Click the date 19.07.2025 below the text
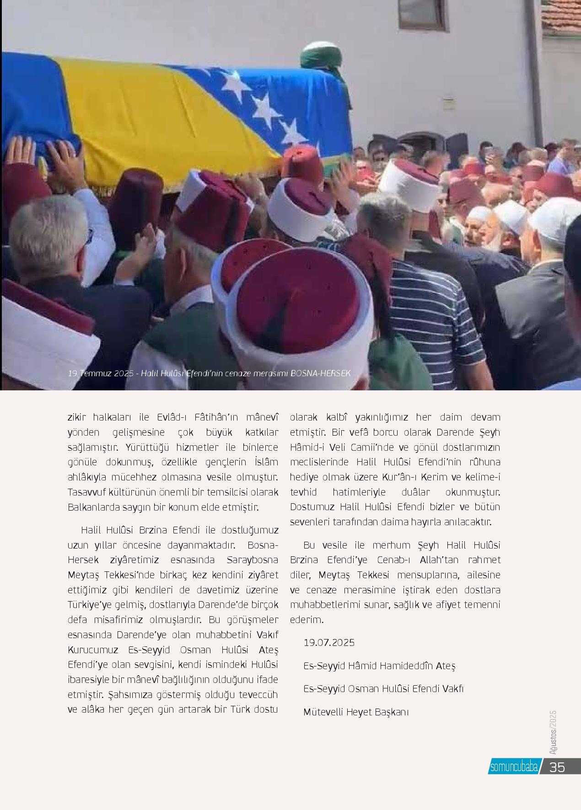click(x=329, y=643)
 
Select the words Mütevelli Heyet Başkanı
click(x=356, y=712)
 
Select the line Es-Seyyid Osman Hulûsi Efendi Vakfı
click(x=383, y=689)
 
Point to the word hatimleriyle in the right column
click(x=359, y=492)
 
